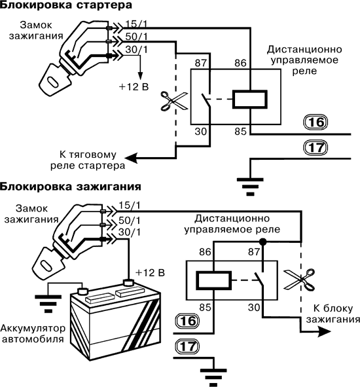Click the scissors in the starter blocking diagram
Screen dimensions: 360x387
coord(174,101)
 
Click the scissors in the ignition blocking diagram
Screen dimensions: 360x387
coord(299,280)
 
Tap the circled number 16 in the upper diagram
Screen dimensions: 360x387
coord(316,122)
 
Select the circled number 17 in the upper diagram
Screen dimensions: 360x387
coord(316,147)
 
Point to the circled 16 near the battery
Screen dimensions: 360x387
coord(187,321)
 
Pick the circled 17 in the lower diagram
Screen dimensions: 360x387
coord(187,346)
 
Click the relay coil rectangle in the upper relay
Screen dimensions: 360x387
coord(250,100)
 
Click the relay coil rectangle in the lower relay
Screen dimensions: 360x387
coord(213,280)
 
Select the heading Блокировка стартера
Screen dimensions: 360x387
coord(66,5)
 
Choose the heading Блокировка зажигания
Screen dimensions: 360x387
coord(71,187)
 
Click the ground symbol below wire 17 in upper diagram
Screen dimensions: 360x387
coord(250,187)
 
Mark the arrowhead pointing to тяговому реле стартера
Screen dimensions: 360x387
coord(131,158)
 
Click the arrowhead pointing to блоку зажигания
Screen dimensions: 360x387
coord(323,331)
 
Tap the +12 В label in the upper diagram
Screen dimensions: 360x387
coord(134,87)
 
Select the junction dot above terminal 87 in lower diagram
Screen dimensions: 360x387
coord(262,242)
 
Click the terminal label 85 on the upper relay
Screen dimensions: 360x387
coord(240,132)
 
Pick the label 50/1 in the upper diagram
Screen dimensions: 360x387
coord(136,37)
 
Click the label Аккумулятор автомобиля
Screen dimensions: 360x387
coord(33,334)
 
